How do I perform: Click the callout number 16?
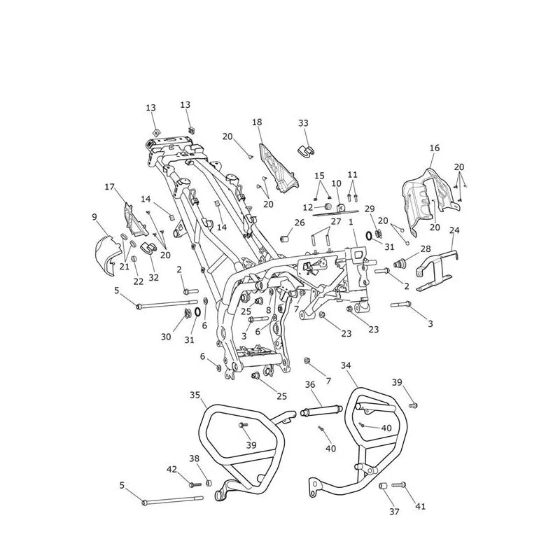[435, 148]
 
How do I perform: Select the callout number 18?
[257, 122]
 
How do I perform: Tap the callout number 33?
[303, 123]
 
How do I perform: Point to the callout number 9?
[94, 217]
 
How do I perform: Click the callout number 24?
[454, 230]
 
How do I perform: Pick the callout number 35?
[195, 395]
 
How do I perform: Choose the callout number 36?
[310, 384]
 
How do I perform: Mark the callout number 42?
[171, 469]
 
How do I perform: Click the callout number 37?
[394, 512]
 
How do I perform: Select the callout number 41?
[421, 506]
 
